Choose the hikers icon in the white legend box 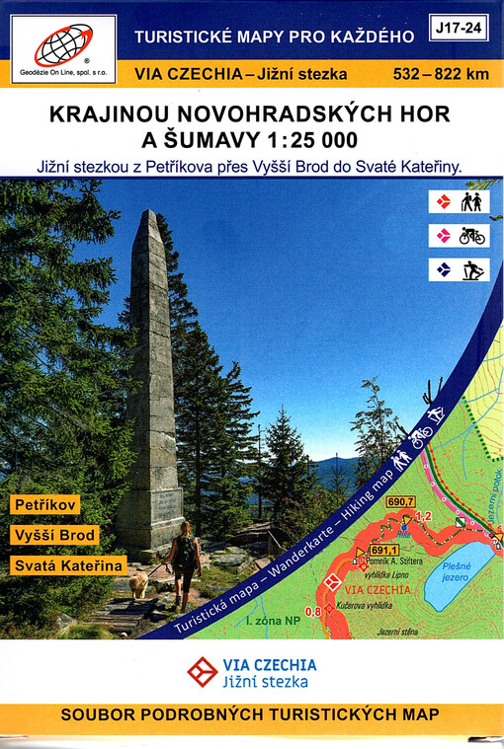(x=470, y=202)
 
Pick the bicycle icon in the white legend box (x=471, y=236)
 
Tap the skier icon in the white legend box (x=471, y=269)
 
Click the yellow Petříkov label (x=45, y=504)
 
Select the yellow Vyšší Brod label (x=55, y=535)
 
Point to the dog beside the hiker (x=138, y=584)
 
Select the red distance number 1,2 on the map (x=424, y=516)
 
